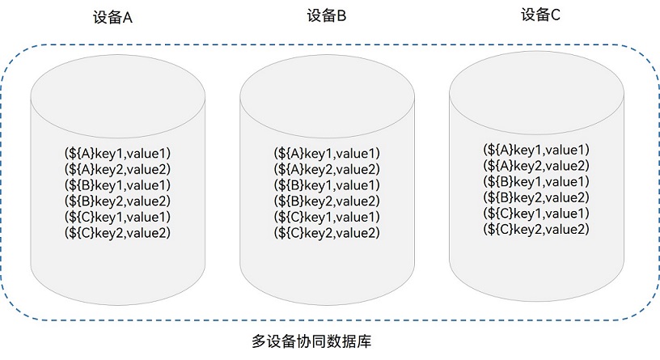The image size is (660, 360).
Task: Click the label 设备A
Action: pyautogui.click(x=112, y=19)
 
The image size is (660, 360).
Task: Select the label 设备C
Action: pyautogui.click(x=540, y=14)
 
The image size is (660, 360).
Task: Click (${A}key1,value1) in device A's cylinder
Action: pyautogui.click(x=117, y=152)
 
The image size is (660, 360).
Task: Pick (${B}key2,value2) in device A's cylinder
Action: pyautogui.click(x=117, y=201)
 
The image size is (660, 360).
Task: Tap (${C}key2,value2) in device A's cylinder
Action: pyautogui.click(x=117, y=233)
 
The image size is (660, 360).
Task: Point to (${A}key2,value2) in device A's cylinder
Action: pyautogui.click(x=117, y=168)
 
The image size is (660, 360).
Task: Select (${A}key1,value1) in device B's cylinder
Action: pyautogui.click(x=327, y=153)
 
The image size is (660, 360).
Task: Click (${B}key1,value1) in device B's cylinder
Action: pyautogui.click(x=327, y=185)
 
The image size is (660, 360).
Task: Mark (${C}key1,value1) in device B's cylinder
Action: pyautogui.click(x=327, y=218)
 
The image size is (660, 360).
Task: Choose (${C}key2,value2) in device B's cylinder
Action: pyautogui.click(x=327, y=233)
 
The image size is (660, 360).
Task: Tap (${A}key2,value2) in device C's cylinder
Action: pyautogui.click(x=535, y=165)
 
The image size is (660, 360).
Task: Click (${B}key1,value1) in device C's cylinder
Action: pyautogui.click(x=535, y=181)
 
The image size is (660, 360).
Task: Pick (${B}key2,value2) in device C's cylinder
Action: pyautogui.click(x=535, y=197)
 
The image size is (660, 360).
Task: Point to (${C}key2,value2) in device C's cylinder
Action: pyautogui.click(x=535, y=229)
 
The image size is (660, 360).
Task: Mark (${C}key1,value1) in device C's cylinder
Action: pyautogui.click(x=535, y=213)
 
